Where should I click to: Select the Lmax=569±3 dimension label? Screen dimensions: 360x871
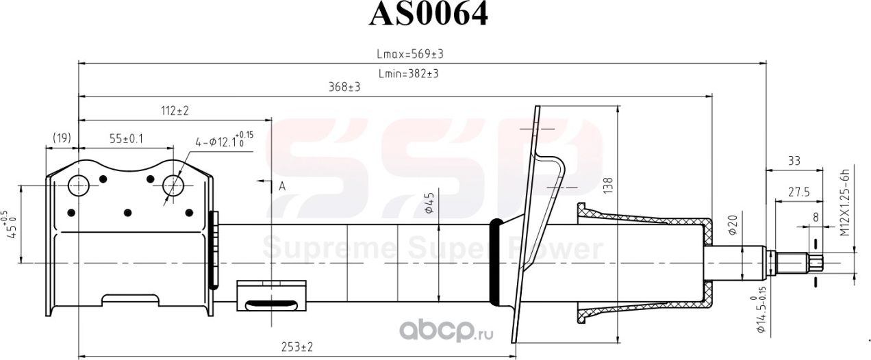tap(406, 54)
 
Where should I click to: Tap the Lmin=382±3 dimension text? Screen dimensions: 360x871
tap(408, 73)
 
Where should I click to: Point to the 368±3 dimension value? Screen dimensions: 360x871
tap(344, 88)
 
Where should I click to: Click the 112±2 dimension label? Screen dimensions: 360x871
tap(174, 110)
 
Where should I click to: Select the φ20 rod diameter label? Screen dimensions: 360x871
tap(731, 227)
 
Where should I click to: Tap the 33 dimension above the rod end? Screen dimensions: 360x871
tap(794, 161)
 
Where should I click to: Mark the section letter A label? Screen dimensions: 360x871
tap(281, 185)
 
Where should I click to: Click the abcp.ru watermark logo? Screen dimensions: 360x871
tap(445, 333)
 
